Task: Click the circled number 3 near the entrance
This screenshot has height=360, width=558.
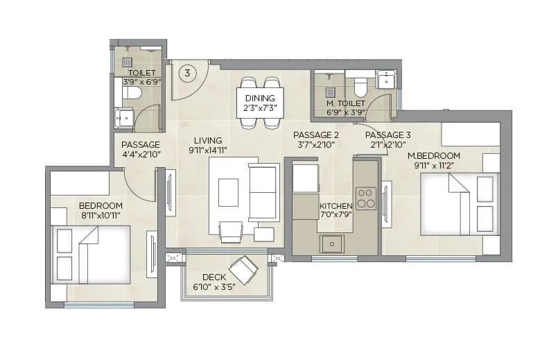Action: pyautogui.click(x=186, y=72)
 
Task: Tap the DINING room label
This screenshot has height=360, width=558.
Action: pyautogui.click(x=260, y=98)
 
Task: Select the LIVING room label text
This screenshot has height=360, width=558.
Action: pyautogui.click(x=209, y=139)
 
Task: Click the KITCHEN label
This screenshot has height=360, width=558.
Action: pyautogui.click(x=335, y=206)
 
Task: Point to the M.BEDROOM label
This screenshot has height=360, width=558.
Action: pyautogui.click(x=434, y=155)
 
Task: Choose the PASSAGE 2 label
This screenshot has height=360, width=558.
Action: pyautogui.click(x=315, y=135)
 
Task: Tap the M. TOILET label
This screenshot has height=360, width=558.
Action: pyautogui.click(x=345, y=103)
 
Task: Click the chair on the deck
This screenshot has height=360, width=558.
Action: pyautogui.click(x=243, y=267)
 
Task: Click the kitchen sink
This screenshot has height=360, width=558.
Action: pyautogui.click(x=332, y=244)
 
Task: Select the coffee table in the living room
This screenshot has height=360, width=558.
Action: pyautogui.click(x=228, y=192)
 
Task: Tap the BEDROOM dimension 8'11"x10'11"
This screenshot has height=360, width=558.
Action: pyautogui.click(x=101, y=216)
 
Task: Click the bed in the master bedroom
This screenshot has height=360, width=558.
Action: pyautogui.click(x=459, y=204)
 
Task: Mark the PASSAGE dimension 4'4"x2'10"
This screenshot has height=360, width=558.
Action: pyautogui.click(x=141, y=155)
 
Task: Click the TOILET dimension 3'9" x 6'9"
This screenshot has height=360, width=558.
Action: pyautogui.click(x=141, y=81)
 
